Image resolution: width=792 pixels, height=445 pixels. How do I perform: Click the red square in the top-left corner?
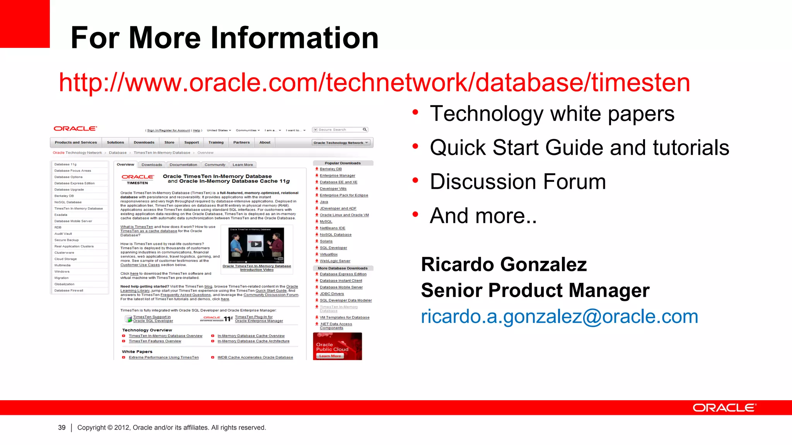24,23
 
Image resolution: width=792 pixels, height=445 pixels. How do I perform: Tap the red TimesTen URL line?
374,82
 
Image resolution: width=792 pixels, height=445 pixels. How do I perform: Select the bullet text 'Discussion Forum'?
517,182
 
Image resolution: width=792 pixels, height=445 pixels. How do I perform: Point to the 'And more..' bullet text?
483,216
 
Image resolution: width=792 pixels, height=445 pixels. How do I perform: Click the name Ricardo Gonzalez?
504,265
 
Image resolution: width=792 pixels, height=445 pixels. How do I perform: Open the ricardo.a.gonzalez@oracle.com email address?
559,316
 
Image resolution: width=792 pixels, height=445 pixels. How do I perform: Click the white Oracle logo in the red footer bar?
724,408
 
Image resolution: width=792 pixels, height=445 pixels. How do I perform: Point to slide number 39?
62,428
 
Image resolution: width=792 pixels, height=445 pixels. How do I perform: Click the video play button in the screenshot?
256,244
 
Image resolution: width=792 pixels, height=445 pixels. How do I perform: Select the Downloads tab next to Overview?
152,165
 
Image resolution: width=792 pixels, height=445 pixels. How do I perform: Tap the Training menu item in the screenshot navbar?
216,143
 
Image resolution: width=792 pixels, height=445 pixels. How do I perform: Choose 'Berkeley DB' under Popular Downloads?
331,169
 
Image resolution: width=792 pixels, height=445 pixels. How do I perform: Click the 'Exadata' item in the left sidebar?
61,215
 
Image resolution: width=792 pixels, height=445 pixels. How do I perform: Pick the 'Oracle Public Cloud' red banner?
337,346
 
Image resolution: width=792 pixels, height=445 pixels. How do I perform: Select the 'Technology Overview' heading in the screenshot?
147,330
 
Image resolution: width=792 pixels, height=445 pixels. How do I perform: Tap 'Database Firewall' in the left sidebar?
69,290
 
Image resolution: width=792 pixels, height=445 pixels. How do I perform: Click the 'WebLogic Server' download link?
335,261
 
